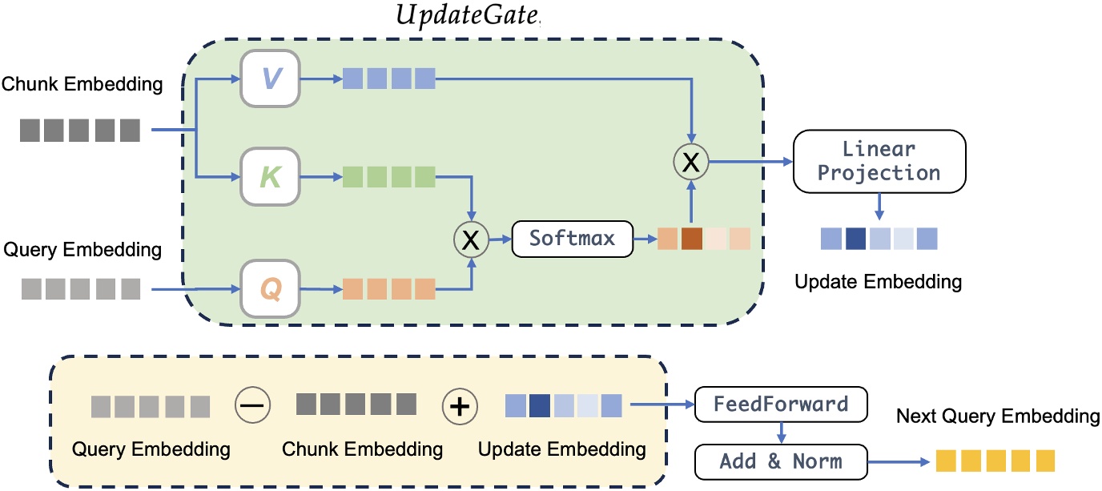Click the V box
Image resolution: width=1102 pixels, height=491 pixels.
pos(270,78)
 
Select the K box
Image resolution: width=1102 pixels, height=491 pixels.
pos(270,177)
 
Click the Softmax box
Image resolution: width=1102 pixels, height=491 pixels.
pos(571,239)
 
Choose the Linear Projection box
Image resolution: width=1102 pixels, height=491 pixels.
pos(879,161)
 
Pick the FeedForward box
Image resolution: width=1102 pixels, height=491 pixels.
pos(781,404)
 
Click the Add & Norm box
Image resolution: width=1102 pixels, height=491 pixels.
pos(781,461)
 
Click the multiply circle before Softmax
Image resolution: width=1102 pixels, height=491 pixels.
pos(473,239)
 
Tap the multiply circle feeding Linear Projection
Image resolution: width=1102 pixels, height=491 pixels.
pos(690,163)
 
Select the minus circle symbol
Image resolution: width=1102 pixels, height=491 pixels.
pos(252,406)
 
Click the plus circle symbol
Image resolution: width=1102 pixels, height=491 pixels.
pos(460,406)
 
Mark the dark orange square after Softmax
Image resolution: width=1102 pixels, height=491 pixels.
pos(691,239)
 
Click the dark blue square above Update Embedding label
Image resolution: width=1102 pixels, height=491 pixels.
pos(855,239)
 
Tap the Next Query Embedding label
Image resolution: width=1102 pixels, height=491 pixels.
pos(998,417)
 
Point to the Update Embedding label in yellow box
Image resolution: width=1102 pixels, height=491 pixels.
pos(561,449)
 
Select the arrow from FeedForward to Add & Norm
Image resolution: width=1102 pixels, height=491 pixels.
pos(781,433)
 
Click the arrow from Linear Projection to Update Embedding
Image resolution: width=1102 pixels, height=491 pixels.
pos(879,205)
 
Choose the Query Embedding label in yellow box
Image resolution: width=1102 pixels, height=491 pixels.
pos(151,449)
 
